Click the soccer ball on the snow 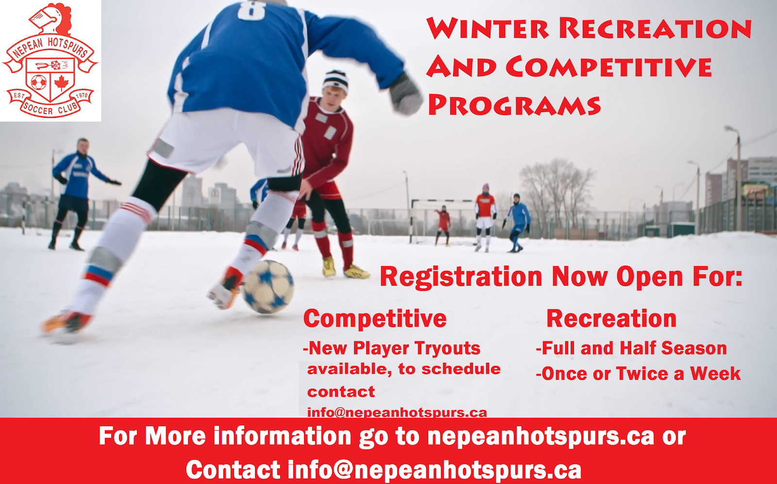point(268,286)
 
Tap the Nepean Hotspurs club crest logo point(50,61)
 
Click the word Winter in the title point(488,29)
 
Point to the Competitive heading point(375,319)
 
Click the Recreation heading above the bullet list point(611,319)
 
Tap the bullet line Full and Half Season point(631,348)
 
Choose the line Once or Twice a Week point(638,374)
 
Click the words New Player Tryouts point(394,348)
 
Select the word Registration point(460,277)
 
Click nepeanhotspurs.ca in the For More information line point(541,436)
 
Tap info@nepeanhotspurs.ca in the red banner point(434,470)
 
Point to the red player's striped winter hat point(336,80)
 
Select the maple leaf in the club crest point(61,83)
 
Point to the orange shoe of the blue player point(66,322)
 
